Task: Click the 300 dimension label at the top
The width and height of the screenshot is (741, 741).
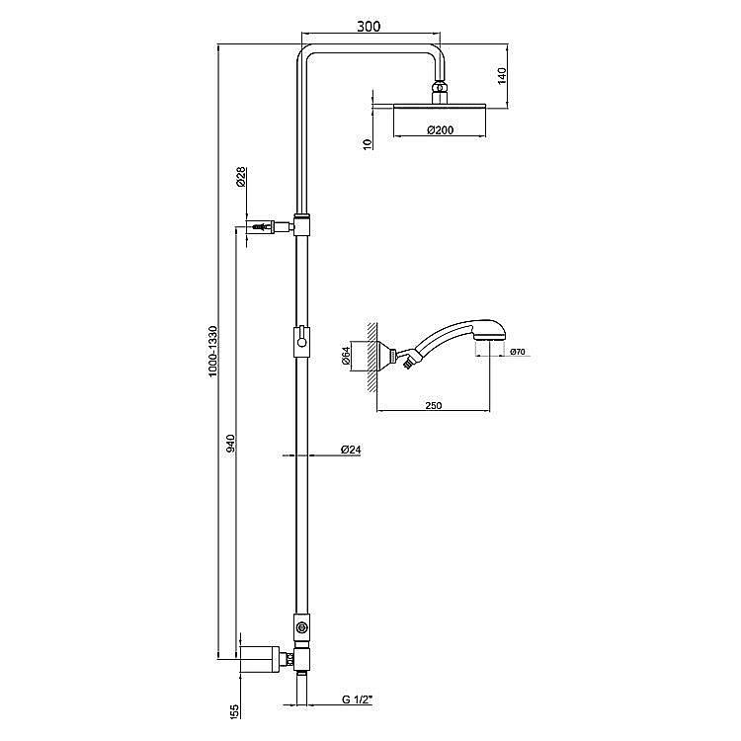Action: (370, 28)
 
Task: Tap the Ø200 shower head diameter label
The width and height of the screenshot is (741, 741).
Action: (440, 129)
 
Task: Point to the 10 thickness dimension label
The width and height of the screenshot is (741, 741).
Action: (367, 144)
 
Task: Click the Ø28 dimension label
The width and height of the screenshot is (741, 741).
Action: (242, 178)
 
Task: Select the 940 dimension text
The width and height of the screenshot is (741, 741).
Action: (229, 444)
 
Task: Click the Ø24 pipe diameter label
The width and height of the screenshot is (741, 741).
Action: (351, 450)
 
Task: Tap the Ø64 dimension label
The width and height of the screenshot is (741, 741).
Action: (347, 355)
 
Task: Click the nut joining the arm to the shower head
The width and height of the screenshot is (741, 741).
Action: (440, 92)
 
